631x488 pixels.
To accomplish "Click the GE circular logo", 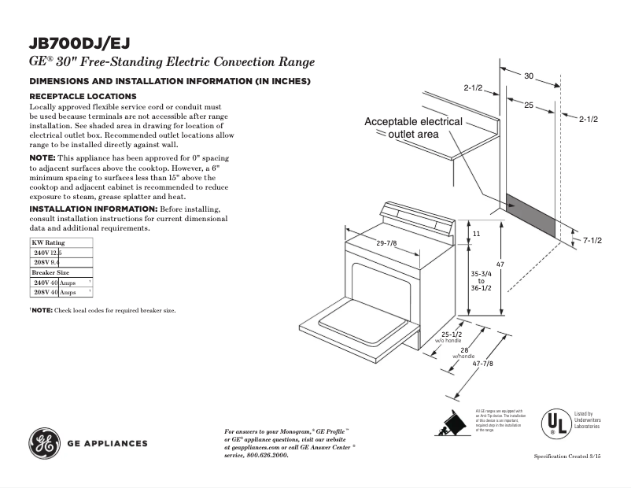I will (43, 443).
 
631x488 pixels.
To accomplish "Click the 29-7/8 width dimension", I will (386, 243).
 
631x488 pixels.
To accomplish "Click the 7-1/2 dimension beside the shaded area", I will (592, 239).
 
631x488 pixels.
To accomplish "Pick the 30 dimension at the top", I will (529, 76).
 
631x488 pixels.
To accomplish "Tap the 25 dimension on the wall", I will (529, 105).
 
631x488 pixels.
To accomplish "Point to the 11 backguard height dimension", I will (476, 234).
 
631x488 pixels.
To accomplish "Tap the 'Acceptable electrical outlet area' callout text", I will (413, 128).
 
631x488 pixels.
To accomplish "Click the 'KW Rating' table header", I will (48, 242).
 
